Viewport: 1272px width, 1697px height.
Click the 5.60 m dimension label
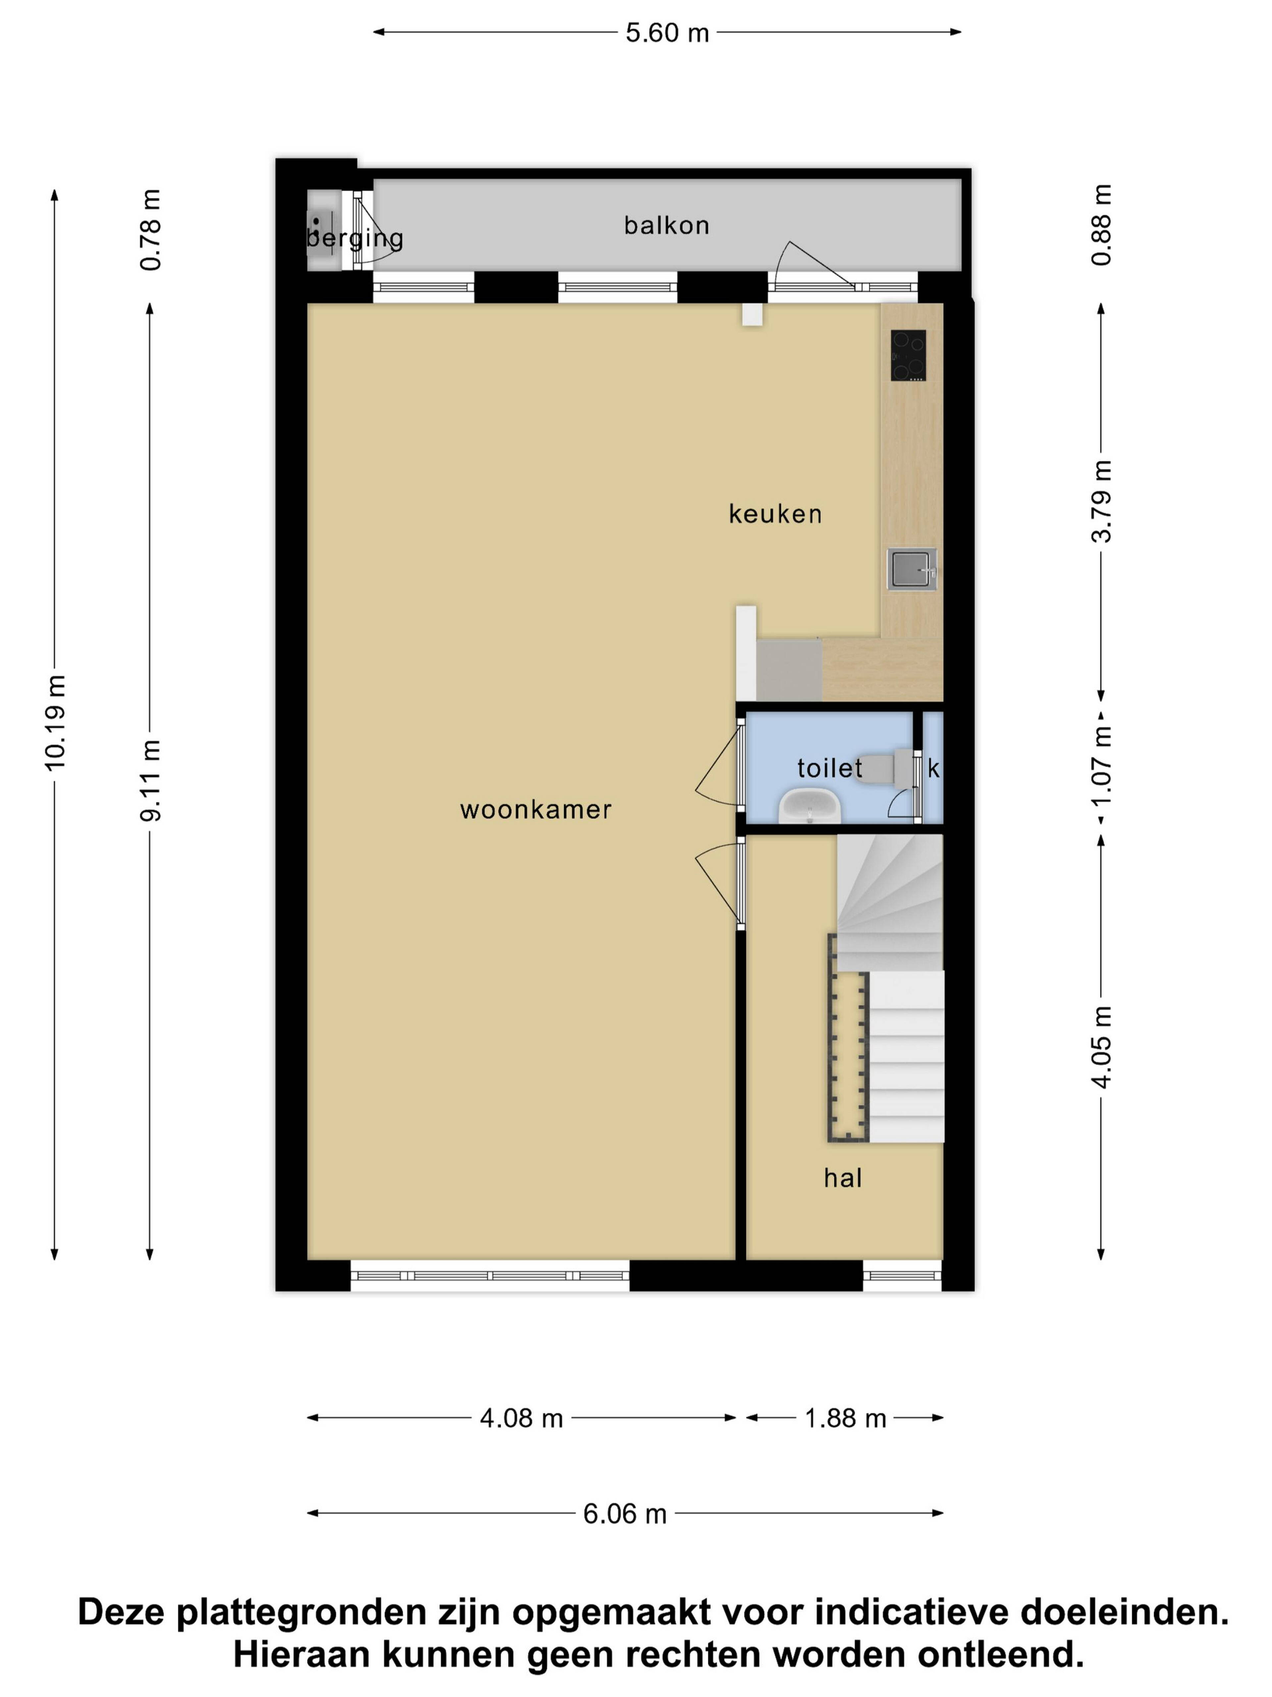(x=666, y=33)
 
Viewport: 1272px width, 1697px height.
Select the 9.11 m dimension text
(x=150, y=780)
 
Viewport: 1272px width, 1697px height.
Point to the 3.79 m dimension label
(x=1101, y=501)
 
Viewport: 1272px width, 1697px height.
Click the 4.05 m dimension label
(x=1101, y=1046)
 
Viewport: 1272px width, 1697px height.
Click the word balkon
(x=666, y=226)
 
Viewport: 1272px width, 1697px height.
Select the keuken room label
(x=775, y=514)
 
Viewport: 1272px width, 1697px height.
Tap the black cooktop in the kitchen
(x=908, y=355)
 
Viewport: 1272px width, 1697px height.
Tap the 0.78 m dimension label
(x=150, y=229)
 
